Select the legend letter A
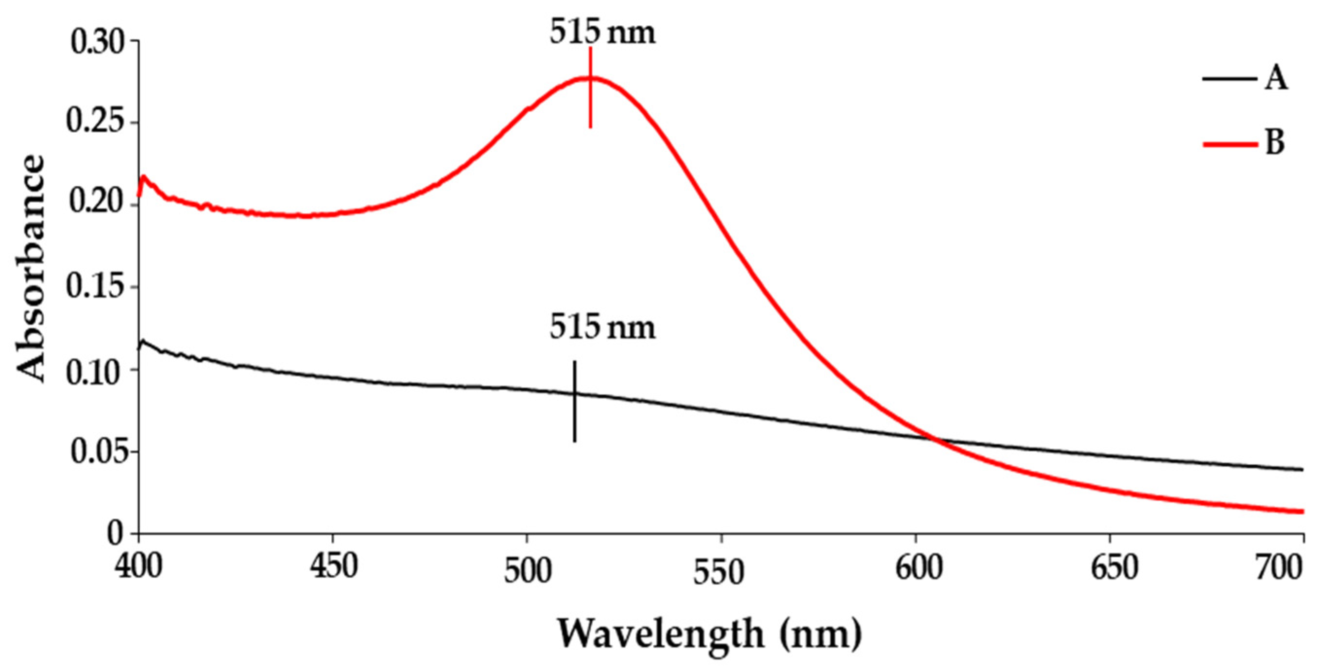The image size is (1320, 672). [x=1275, y=80]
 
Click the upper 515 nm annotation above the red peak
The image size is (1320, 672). [x=602, y=33]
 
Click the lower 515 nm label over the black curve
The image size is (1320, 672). [x=602, y=328]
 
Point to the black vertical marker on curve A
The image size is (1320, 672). [x=574, y=401]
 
